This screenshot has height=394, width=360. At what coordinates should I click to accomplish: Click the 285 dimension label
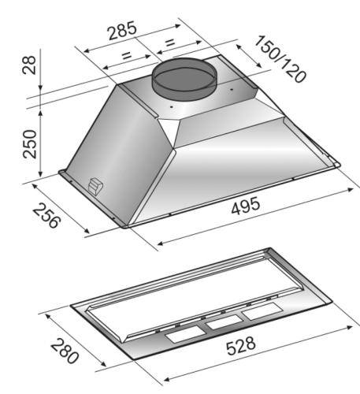coord(122,30)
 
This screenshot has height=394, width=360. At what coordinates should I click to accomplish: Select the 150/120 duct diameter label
coord(280,59)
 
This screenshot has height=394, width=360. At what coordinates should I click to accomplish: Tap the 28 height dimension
coord(29,65)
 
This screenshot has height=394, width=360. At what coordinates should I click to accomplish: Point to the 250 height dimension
coord(30,144)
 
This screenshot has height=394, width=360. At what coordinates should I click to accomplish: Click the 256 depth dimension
coord(46,215)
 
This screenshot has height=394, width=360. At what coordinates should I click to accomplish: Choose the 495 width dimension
coord(246,206)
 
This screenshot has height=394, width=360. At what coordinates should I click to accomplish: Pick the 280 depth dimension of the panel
coord(65,351)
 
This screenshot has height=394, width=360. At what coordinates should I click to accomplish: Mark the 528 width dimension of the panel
coord(240,346)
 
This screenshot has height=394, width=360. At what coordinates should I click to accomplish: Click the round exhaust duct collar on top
coord(184,78)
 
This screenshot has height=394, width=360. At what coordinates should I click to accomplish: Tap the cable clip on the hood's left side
coord(95,187)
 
